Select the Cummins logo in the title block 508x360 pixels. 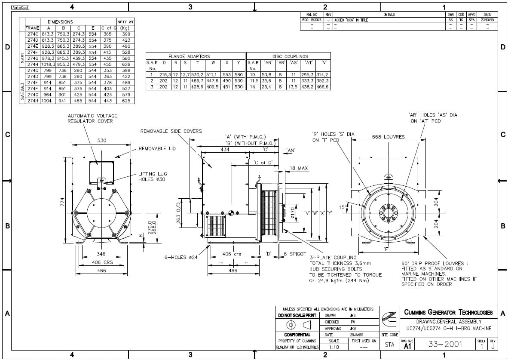coord(390,320)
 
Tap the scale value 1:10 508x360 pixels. coord(333,347)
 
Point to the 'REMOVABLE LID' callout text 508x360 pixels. coord(157,149)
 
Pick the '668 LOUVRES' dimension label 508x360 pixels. coord(388,137)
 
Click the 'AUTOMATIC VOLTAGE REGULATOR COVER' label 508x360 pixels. coord(92,118)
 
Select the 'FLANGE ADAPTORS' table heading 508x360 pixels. coord(189,56)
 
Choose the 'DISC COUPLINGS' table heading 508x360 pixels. coord(290,56)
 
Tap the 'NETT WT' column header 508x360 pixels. coord(125,22)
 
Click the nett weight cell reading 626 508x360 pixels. coord(126,64)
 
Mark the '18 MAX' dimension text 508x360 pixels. coord(299,168)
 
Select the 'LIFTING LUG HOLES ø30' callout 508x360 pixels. coord(151,177)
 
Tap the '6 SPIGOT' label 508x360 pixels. coord(295,254)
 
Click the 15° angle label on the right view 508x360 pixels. coord(343,207)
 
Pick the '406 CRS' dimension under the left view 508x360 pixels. coord(102,262)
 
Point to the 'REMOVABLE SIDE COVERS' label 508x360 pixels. coord(171,131)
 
